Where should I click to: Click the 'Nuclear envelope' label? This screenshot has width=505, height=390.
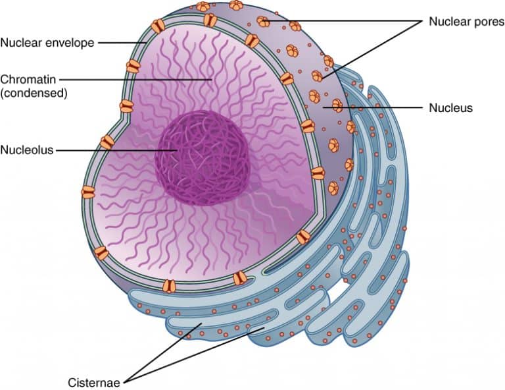pyautogui.click(x=47, y=43)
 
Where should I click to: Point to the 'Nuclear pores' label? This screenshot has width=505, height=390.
pyautogui.click(x=462, y=21)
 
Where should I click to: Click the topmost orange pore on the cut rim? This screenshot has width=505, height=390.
pyautogui.click(x=210, y=20)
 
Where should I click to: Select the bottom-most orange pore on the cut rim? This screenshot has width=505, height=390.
pyautogui.click(x=170, y=286)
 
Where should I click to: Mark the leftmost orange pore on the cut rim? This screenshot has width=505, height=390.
pyautogui.click(x=88, y=192)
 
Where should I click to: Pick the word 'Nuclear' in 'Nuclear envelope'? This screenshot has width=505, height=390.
pyautogui.click(x=21, y=43)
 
